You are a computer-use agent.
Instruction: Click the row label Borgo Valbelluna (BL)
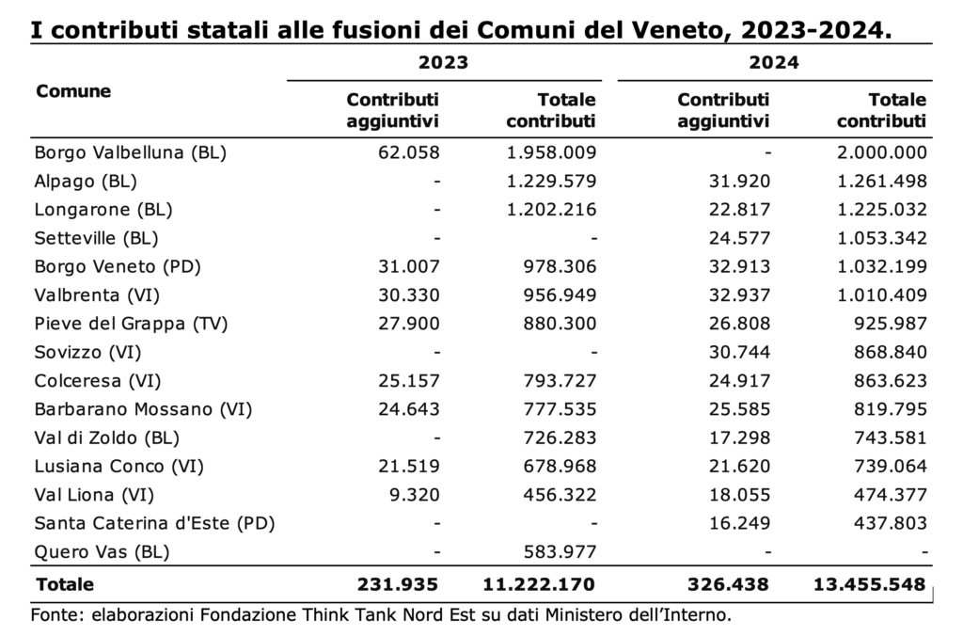coord(130,152)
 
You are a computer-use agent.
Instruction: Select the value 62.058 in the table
coord(409,152)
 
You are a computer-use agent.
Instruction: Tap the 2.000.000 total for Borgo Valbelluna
coord(882,152)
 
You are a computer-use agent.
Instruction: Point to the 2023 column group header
coord(444,62)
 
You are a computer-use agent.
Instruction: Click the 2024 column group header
coord(774,62)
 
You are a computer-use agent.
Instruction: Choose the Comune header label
coord(73,91)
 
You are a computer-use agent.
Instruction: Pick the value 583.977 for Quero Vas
coord(560,552)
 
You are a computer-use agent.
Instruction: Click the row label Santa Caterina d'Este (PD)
coord(155,523)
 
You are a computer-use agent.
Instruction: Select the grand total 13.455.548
coord(870,584)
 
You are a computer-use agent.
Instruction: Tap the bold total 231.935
coord(398,584)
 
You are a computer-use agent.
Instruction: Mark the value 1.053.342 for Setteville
coord(882,238)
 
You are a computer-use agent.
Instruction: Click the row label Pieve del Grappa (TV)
coord(131,324)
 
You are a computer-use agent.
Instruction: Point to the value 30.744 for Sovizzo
coord(739,352)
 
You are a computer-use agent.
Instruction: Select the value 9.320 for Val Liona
coord(415,495)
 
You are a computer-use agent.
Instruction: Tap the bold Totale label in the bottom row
coord(65,584)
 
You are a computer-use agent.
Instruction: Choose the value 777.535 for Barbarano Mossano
coord(560,409)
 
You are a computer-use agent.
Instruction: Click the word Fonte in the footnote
coord(56,614)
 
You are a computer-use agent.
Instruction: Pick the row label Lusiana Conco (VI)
coord(119,467)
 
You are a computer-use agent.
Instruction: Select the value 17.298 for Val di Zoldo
coord(739,437)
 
